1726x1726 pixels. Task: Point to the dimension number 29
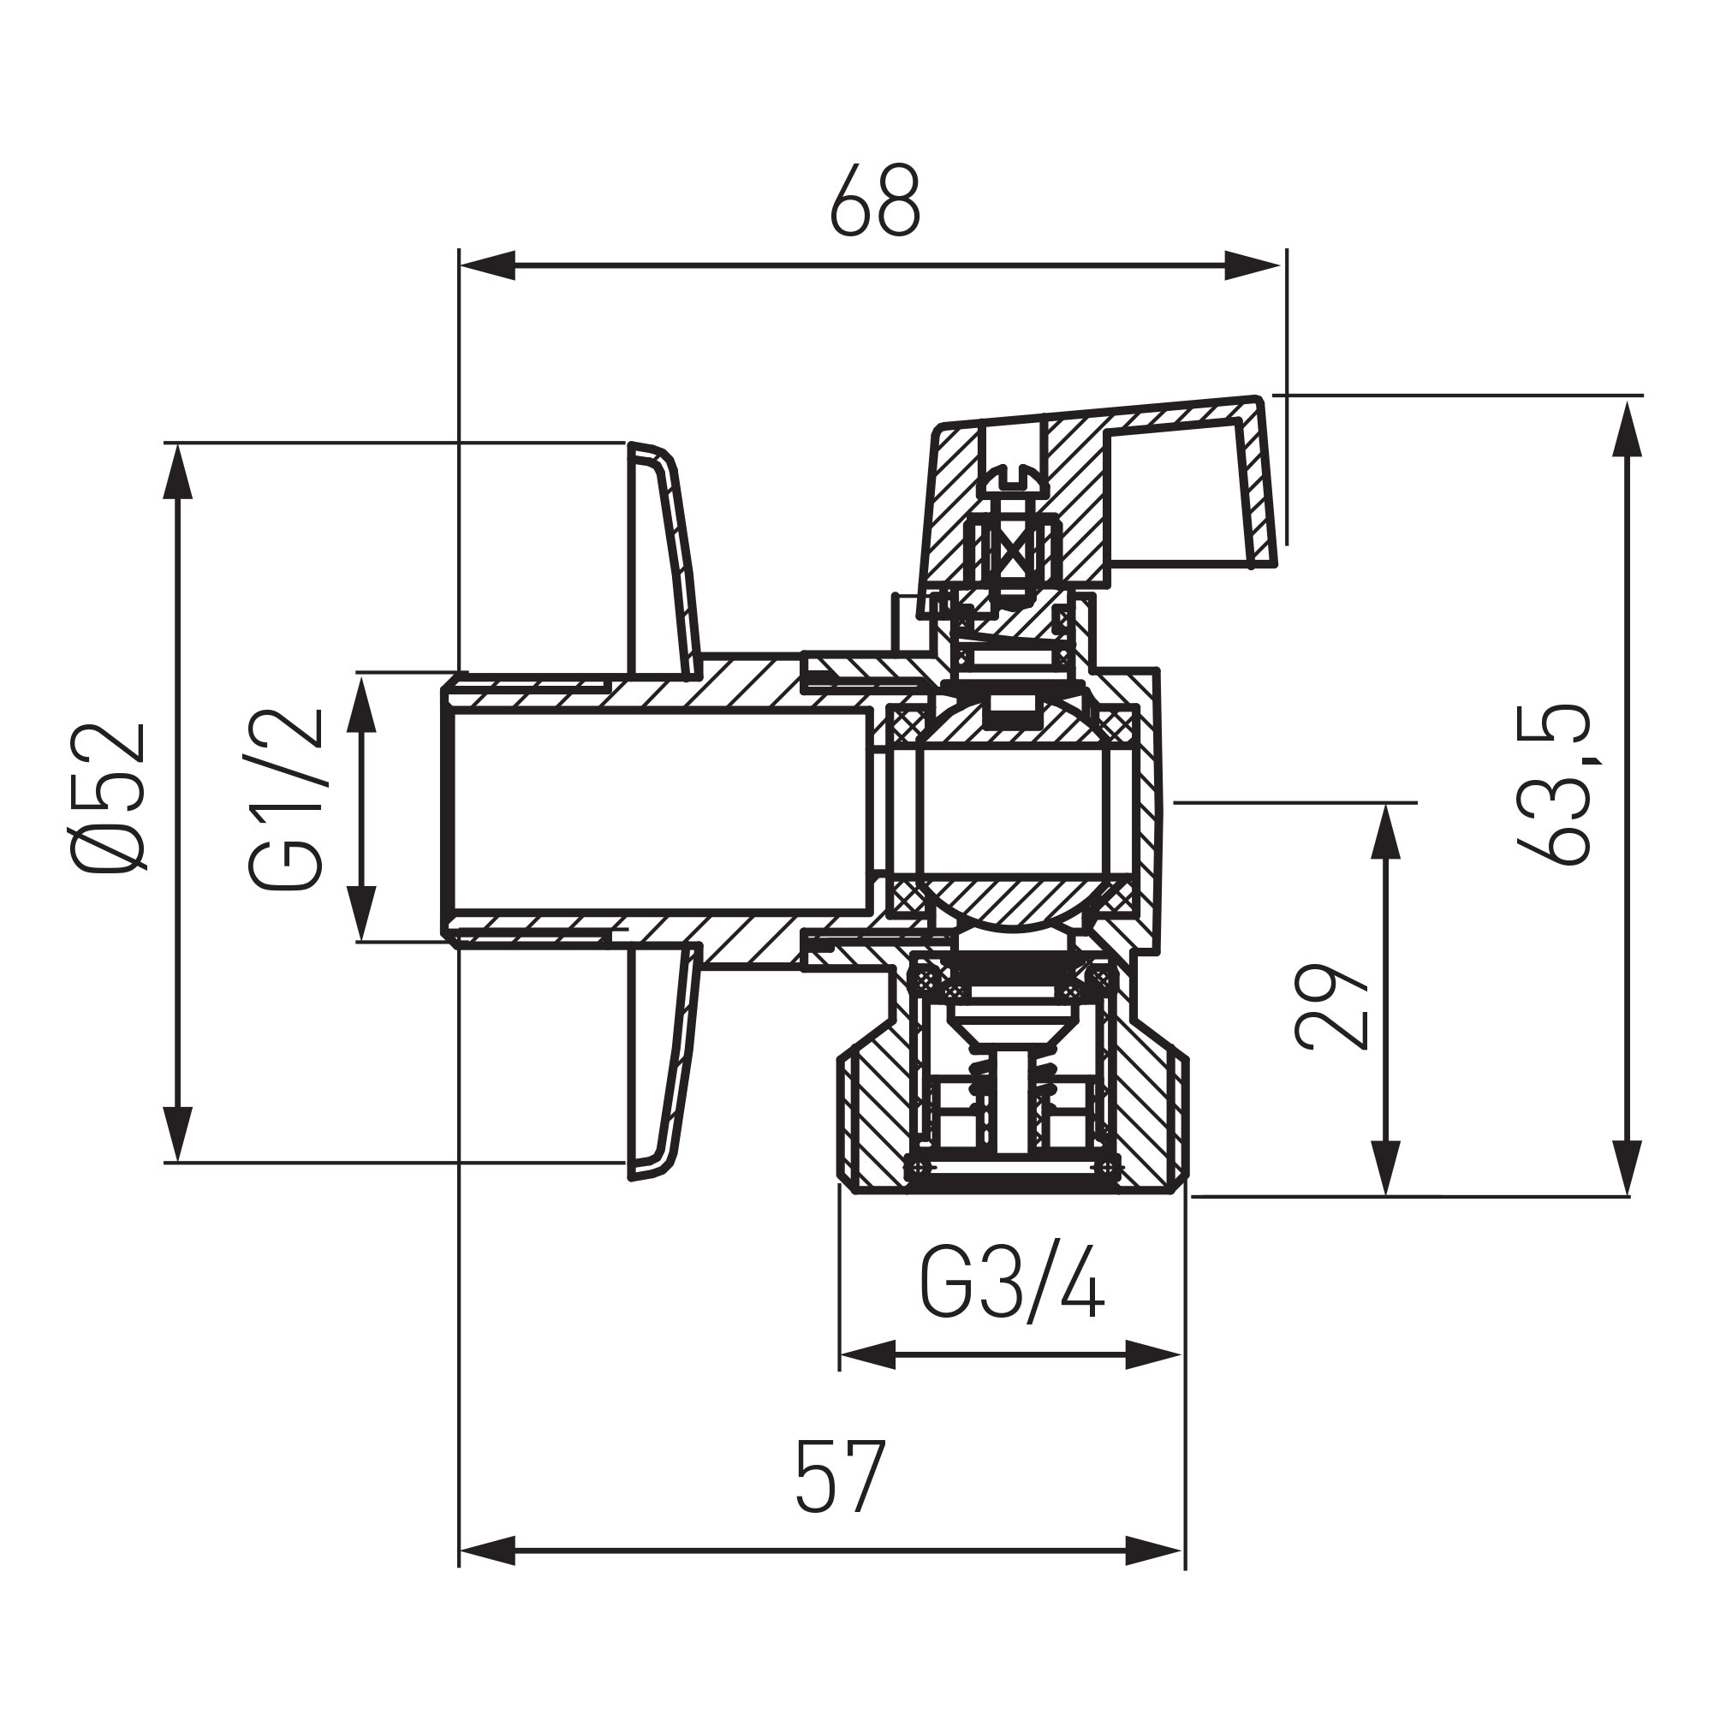click(1331, 1006)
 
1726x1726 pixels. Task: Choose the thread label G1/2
click(286, 800)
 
